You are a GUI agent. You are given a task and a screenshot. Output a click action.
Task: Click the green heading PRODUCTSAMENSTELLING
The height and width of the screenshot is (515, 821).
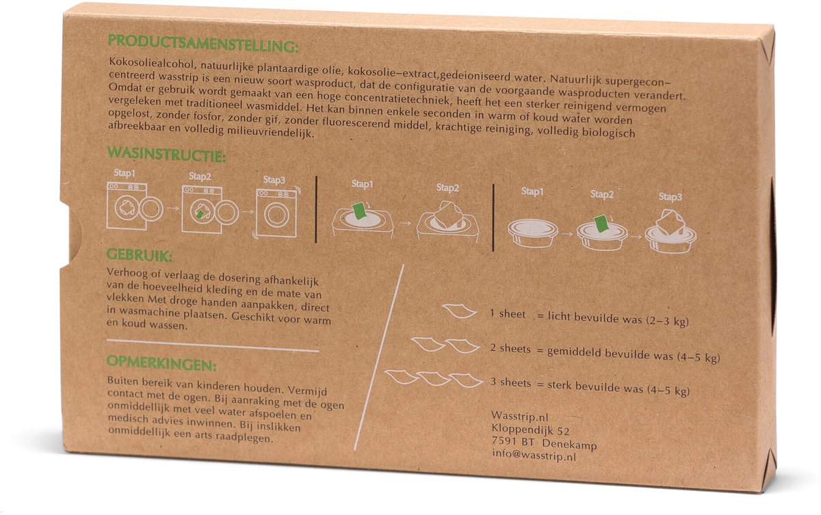point(203,44)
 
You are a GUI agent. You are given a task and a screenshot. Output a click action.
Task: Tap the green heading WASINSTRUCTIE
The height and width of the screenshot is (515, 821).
point(166,154)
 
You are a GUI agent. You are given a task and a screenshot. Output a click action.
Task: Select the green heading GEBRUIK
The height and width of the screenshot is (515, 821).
point(140,255)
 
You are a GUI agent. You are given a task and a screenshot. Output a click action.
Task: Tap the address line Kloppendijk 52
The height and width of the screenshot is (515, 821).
point(530,430)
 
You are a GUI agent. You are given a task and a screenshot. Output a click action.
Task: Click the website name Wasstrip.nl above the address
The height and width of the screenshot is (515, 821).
point(520,416)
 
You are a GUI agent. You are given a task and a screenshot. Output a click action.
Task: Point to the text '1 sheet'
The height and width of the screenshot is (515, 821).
point(508,314)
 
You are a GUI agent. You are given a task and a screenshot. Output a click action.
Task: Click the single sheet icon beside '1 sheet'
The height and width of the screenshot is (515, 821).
point(459,311)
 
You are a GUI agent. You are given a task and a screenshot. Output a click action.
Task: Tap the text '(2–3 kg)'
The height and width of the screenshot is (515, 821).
point(666,321)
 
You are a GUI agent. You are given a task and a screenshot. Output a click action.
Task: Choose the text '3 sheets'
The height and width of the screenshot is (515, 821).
point(510,382)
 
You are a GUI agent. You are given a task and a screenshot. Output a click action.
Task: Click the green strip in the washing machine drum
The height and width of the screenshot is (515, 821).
point(200,213)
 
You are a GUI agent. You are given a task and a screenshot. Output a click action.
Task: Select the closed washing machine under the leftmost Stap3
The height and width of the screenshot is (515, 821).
point(276,213)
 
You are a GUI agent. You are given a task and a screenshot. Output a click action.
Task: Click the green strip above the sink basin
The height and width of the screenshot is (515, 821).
point(359,210)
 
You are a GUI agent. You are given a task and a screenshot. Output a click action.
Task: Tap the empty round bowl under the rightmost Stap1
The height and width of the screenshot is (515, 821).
point(532,233)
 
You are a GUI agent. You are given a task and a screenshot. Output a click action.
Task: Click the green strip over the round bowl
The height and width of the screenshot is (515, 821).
point(601,224)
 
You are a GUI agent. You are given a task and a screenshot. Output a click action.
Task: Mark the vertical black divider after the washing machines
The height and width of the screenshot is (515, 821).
point(316,209)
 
